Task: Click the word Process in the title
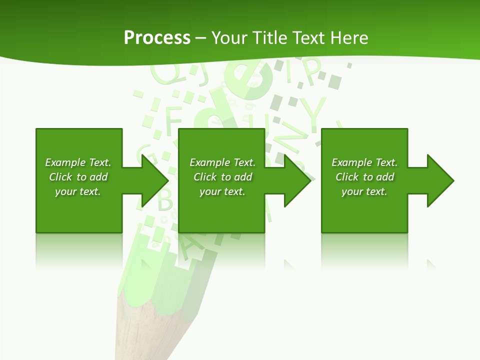coord(157,38)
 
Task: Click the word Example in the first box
coord(65,162)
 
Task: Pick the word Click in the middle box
coord(205,177)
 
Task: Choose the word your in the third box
coord(352,192)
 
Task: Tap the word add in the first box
coord(98,177)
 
